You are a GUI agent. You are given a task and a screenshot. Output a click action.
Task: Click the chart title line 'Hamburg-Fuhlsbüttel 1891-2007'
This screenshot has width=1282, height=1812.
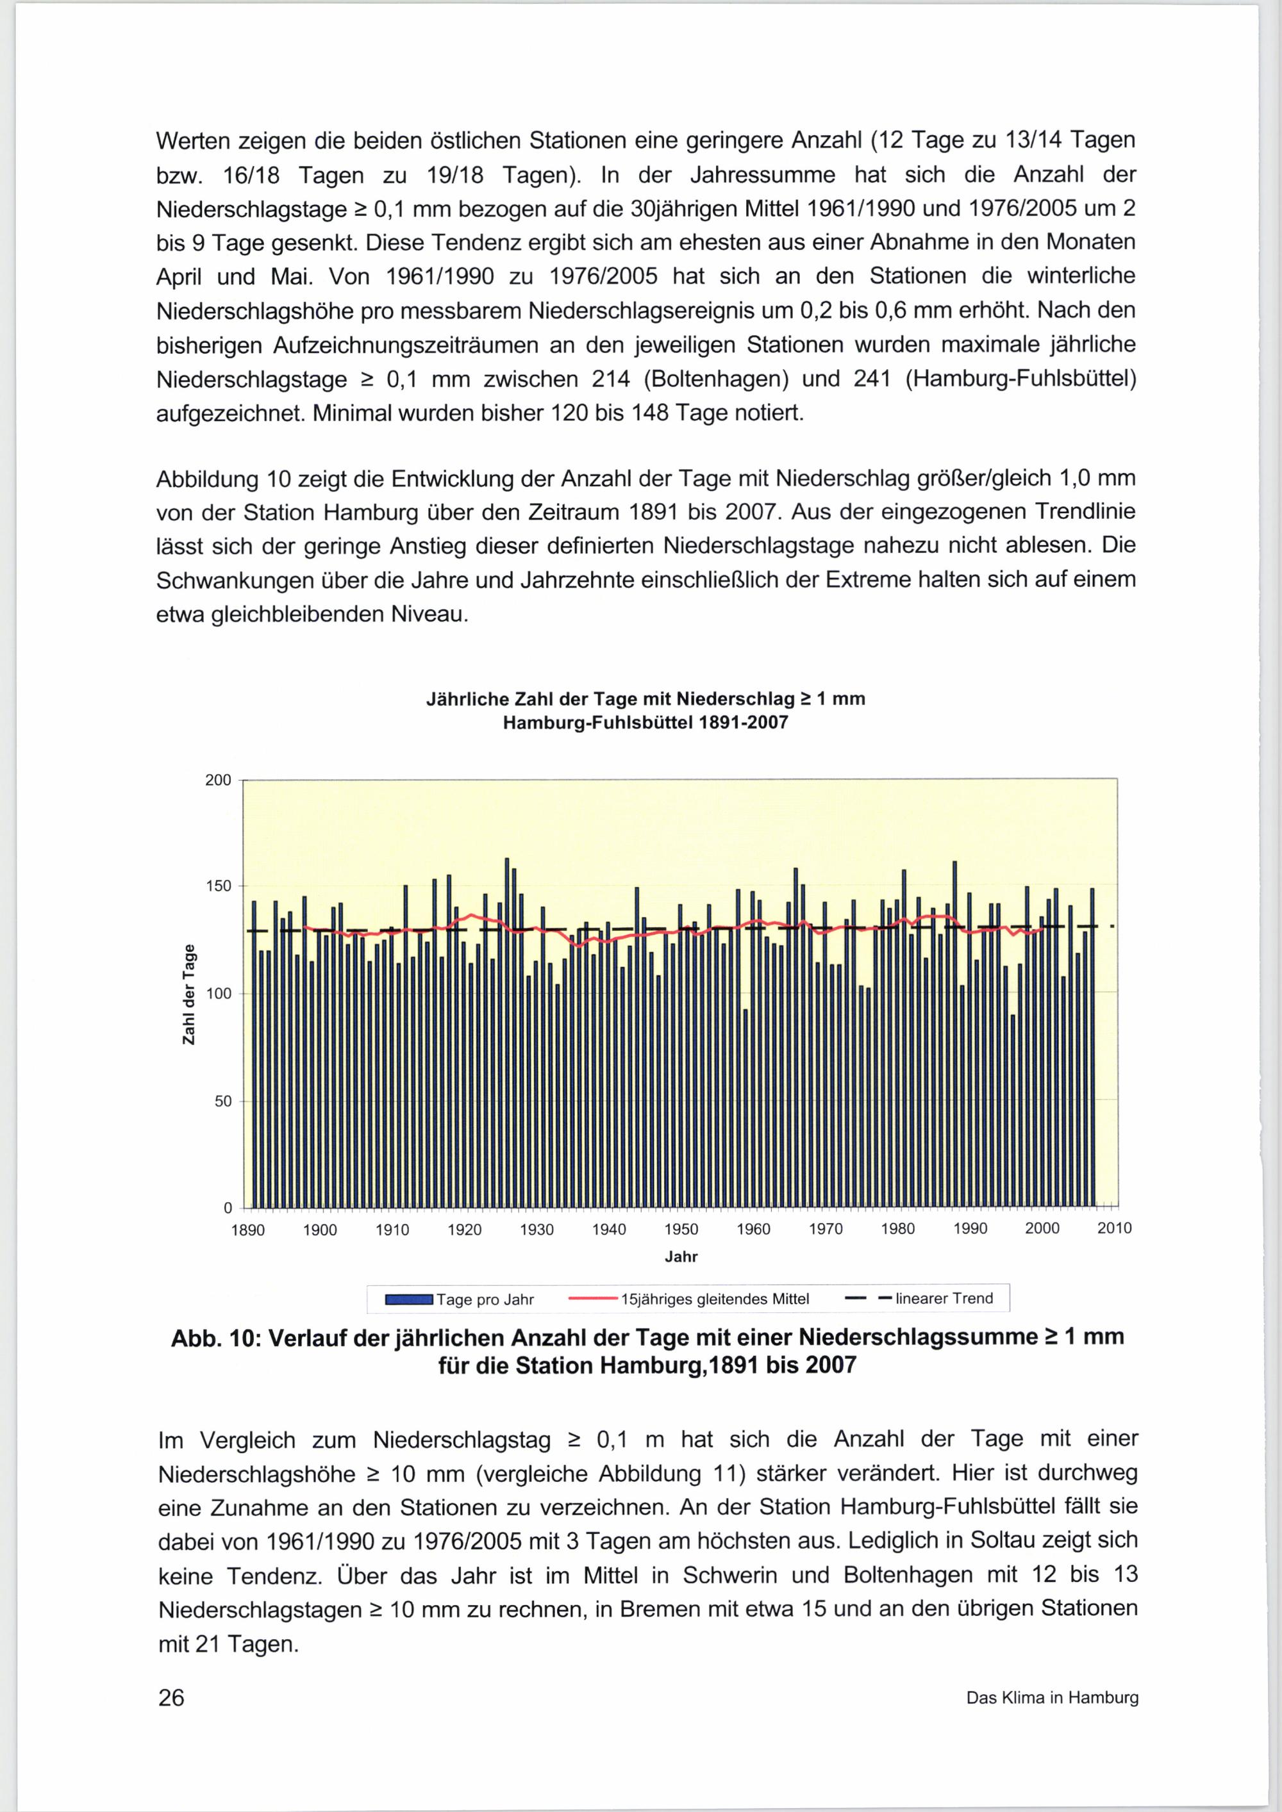(645, 723)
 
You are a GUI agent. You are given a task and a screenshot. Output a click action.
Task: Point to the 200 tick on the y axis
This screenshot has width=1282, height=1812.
(219, 780)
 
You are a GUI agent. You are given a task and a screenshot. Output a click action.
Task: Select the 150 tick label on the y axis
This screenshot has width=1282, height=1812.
(219, 886)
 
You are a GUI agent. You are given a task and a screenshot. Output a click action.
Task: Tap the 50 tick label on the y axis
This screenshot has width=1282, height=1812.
(222, 1101)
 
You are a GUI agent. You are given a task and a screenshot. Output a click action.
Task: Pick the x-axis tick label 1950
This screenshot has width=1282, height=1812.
(681, 1229)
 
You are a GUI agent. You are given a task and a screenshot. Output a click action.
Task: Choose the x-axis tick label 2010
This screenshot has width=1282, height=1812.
(1115, 1228)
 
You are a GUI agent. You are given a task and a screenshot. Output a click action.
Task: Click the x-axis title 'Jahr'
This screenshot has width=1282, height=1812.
(681, 1256)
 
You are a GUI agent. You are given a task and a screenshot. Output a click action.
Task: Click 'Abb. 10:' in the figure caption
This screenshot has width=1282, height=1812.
(218, 1337)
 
